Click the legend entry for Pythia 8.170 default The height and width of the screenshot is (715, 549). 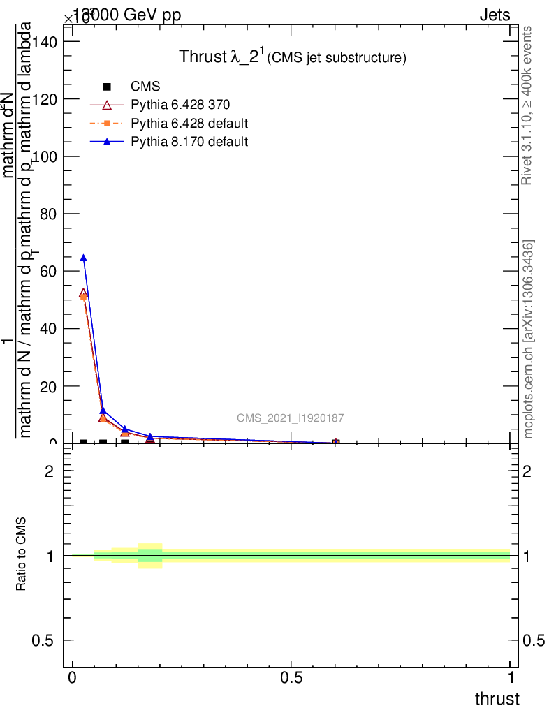tap(189, 142)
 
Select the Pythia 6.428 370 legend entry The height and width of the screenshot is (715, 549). tap(180, 105)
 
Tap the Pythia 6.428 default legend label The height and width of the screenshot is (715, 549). tap(189, 124)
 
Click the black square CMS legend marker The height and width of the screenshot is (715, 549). tap(107, 87)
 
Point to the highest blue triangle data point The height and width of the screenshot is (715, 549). tap(84, 258)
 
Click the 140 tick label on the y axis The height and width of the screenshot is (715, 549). tap(47, 41)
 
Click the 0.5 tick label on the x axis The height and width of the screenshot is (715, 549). tap(291, 679)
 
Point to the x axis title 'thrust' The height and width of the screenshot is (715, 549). tap(497, 699)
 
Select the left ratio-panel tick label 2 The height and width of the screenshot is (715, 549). tap(50, 471)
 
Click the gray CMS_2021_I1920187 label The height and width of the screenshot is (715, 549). tap(290, 418)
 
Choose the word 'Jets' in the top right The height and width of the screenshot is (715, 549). tap(495, 15)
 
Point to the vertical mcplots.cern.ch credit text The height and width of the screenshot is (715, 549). tap(529, 339)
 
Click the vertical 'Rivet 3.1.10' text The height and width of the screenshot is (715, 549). tap(527, 105)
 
